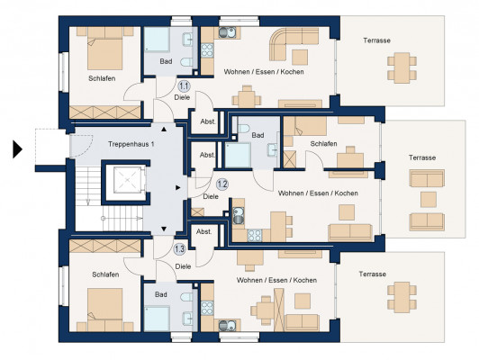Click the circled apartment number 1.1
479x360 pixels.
coord(184,86)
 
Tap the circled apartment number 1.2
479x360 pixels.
coord(222,184)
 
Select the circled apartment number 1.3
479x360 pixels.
coord(179,249)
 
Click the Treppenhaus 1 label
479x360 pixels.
coord(131,144)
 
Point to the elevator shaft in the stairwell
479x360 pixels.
coord(125,183)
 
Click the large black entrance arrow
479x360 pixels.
coord(17,149)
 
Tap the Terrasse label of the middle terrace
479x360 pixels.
coord(422,157)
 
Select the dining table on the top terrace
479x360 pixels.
coord(402,68)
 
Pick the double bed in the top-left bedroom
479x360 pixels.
coord(105,49)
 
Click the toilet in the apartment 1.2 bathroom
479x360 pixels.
coord(243,128)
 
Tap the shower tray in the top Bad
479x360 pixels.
coord(157,40)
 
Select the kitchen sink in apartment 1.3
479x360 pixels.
coord(227,326)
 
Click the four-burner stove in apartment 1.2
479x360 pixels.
coord(255,235)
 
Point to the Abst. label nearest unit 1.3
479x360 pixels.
coord(203,232)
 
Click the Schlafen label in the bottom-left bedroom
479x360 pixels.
coord(105,274)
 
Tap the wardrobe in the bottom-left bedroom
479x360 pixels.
coord(105,246)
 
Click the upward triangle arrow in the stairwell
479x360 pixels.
coord(164,130)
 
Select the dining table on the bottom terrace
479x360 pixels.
coord(402,297)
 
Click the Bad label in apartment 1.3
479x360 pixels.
coord(160,294)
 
